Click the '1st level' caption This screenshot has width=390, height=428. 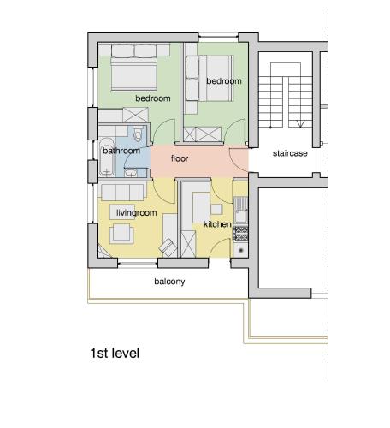click(x=114, y=353)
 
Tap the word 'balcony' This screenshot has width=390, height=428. click(x=169, y=282)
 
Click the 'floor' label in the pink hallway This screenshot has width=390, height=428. click(x=180, y=158)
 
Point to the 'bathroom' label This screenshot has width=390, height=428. click(x=121, y=151)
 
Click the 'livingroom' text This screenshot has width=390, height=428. click(x=136, y=212)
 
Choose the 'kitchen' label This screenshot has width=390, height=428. click(x=217, y=224)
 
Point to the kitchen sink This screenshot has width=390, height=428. click(x=241, y=205)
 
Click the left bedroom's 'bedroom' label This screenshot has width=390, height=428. click(x=152, y=98)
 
